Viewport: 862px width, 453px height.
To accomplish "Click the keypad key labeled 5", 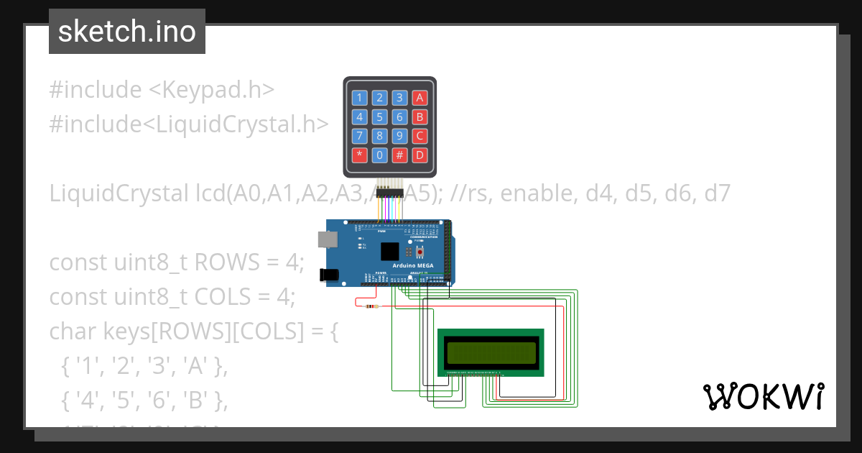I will click(x=380, y=117).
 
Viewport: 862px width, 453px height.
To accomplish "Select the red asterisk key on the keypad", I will click(x=360, y=155).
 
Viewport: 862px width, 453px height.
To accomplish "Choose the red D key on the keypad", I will click(x=420, y=155).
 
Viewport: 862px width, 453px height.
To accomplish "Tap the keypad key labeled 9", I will click(x=400, y=136).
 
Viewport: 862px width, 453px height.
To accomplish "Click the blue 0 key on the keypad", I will click(x=380, y=155).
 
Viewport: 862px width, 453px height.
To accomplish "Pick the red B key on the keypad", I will click(x=420, y=117).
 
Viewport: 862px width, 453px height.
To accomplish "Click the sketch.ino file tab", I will click(x=127, y=32).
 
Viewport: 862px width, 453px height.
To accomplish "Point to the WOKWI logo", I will click(x=763, y=396).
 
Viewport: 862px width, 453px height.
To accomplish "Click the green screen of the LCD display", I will click(x=491, y=352).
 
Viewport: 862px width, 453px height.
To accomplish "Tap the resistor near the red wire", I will click(x=371, y=306).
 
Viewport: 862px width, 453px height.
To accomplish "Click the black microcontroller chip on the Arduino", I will click(x=389, y=251).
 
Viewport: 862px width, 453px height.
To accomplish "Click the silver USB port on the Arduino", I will click(x=325, y=239).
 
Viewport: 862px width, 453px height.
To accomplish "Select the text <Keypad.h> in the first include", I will click(x=212, y=91).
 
